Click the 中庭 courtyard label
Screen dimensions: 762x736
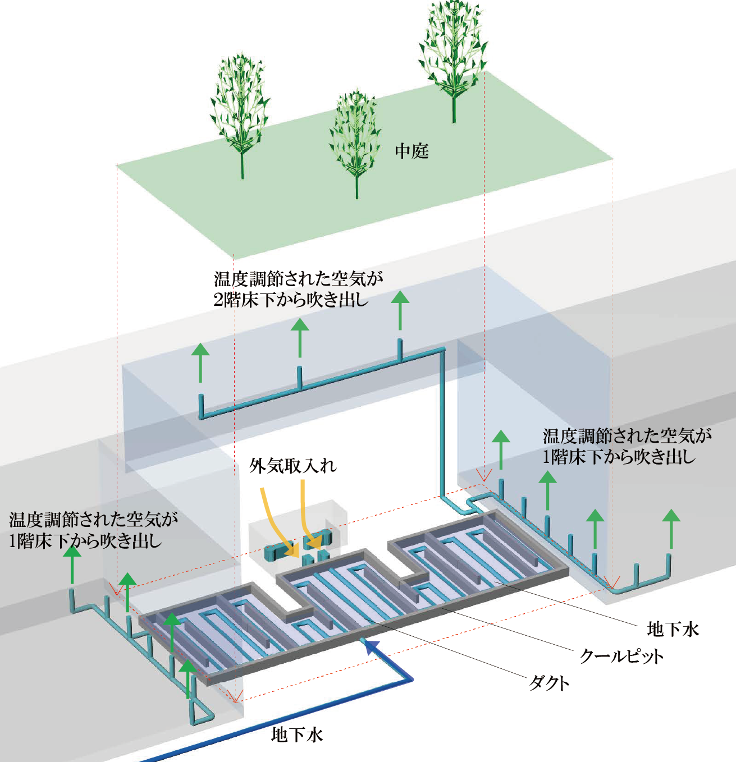(x=412, y=151)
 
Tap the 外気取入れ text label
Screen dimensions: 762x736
(x=293, y=466)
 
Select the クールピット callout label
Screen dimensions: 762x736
(x=621, y=656)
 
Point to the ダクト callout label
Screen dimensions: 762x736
(x=549, y=683)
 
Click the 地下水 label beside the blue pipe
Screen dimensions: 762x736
(x=297, y=735)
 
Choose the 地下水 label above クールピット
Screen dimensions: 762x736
(x=673, y=629)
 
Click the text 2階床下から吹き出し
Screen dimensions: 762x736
(x=291, y=300)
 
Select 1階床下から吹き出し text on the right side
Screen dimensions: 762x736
(x=619, y=457)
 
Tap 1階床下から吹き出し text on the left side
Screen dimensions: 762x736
(x=85, y=541)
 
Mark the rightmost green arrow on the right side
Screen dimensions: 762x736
(x=670, y=527)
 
